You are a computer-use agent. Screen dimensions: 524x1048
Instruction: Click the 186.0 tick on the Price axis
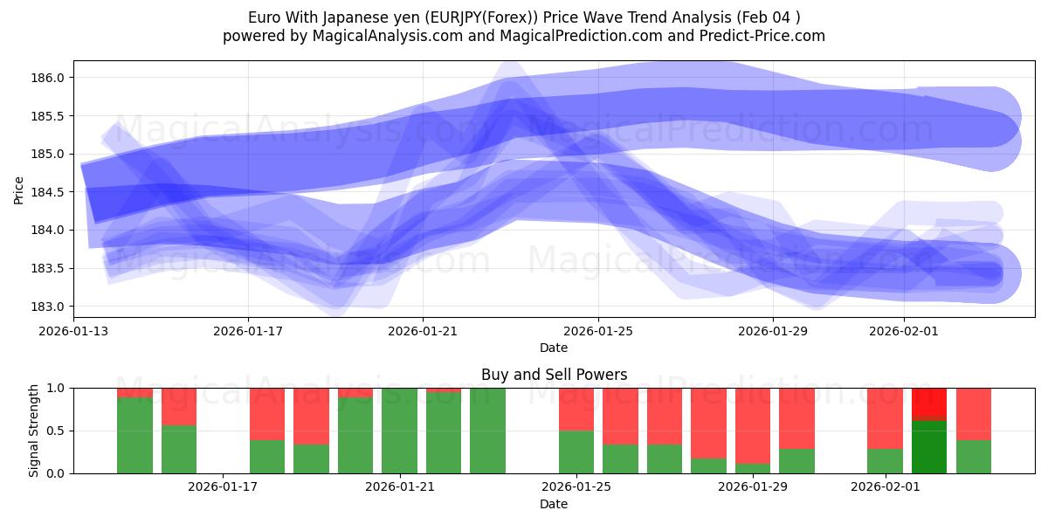coord(50,78)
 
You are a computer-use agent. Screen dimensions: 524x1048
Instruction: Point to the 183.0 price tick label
coord(50,307)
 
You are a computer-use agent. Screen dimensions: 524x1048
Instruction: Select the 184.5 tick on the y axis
coord(50,192)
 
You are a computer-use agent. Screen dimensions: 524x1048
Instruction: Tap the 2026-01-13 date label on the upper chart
coord(73,331)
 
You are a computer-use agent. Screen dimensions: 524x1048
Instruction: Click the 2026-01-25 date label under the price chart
coord(598,331)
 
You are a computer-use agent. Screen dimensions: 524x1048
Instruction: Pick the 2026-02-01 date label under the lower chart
coord(886,486)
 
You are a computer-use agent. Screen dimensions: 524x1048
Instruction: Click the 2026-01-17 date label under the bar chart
coord(224,486)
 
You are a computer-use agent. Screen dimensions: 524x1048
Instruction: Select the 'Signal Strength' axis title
coord(35,431)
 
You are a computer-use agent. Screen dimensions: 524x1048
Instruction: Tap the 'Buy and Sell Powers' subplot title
coord(554,375)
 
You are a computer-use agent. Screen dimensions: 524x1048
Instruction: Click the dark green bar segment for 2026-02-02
coord(929,446)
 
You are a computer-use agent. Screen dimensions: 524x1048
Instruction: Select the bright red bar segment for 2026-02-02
coord(929,403)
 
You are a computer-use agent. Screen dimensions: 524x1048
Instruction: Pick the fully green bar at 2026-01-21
coord(399,431)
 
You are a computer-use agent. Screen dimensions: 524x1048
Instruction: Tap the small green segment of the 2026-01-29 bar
coord(753,468)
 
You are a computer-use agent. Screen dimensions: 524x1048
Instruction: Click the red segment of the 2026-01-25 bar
coord(576,409)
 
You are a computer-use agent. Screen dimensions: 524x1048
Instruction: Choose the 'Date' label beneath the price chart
coord(554,348)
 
